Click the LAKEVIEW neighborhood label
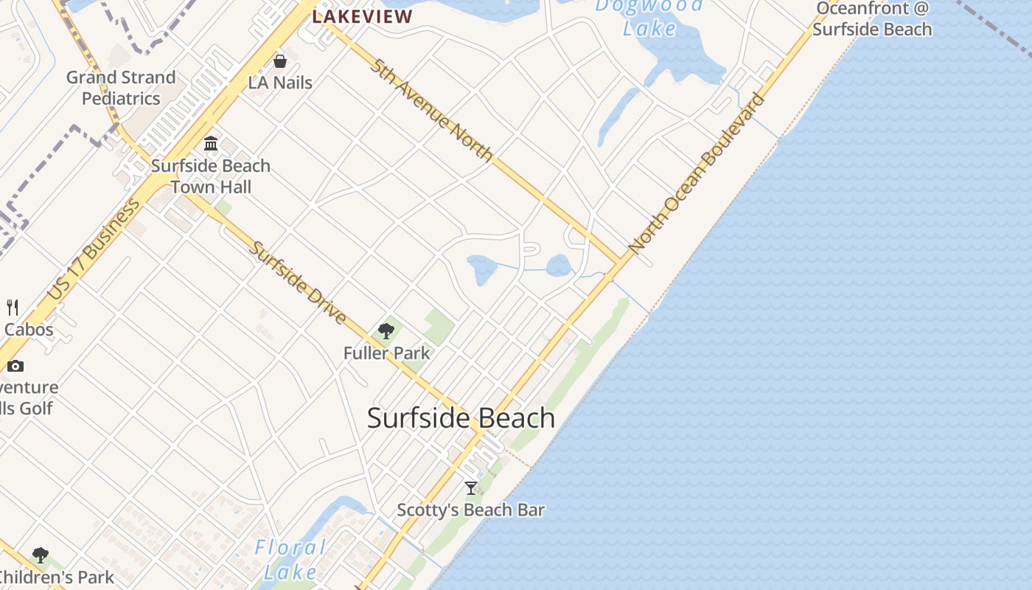click(362, 16)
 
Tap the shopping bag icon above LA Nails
click(280, 61)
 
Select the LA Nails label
click(280, 83)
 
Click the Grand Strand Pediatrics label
click(121, 88)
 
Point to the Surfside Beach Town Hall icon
click(211, 143)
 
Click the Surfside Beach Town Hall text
click(211, 176)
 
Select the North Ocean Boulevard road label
click(697, 174)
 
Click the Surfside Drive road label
click(298, 282)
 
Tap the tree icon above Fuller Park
click(386, 331)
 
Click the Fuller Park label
click(386, 353)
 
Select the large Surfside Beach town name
click(461, 418)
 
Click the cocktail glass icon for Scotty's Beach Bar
click(471, 487)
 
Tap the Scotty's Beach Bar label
click(471, 510)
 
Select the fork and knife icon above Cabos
click(13, 307)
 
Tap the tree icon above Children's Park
click(41, 555)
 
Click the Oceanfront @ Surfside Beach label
click(872, 19)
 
